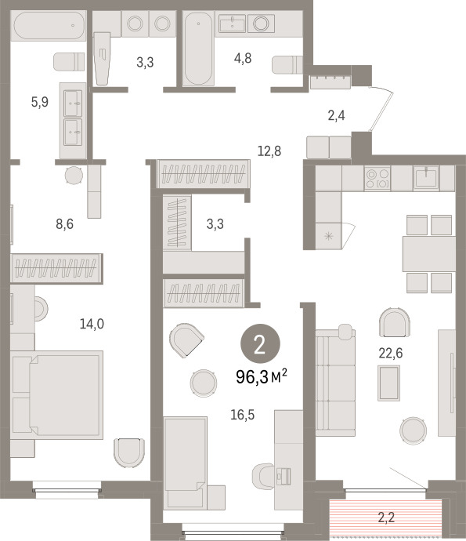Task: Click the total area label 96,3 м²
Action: coord(262,376)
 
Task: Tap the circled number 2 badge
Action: coord(260,344)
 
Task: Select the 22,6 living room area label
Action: coord(391,353)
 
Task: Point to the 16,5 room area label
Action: coord(242,415)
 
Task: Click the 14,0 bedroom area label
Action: coord(92,324)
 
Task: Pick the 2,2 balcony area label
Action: coord(386,517)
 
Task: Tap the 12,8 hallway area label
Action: coord(269,151)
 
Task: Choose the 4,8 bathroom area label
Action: coord(243,58)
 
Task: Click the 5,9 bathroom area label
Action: coord(40,102)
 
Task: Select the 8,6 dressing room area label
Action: coord(64,224)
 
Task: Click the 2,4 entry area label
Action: coord(336,115)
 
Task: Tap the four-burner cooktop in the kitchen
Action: coord(377,178)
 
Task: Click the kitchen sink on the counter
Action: coord(426,177)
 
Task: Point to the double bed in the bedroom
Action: coord(57,395)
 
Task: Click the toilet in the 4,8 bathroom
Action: coord(287,64)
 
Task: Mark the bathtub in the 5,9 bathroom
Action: coord(49,26)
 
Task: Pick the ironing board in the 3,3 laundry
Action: coord(102,59)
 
